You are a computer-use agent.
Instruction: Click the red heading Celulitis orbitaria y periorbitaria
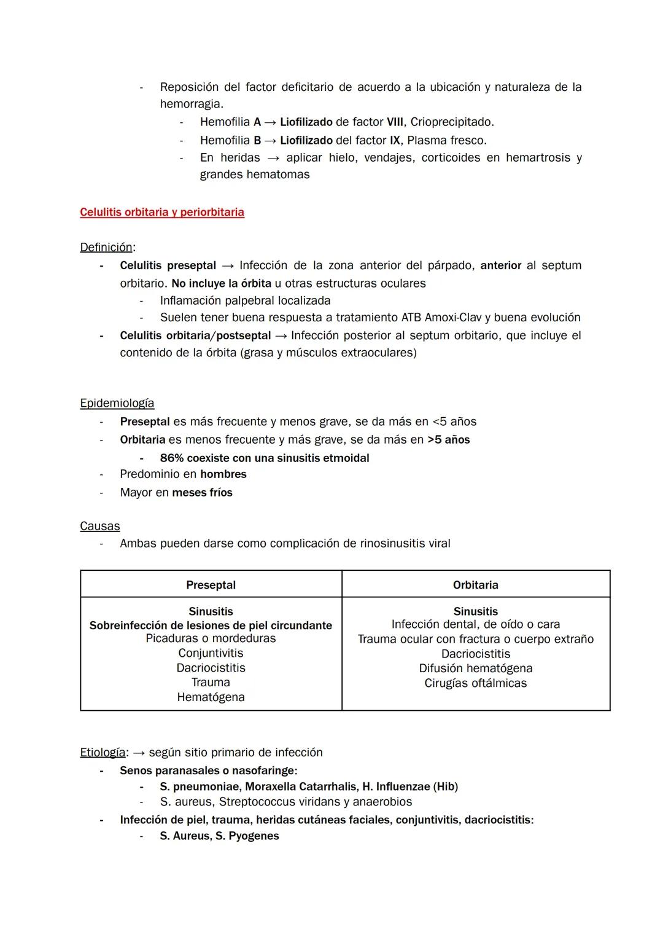(162, 212)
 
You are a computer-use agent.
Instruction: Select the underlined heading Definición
(106, 247)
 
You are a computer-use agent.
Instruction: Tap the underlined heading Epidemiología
(117, 403)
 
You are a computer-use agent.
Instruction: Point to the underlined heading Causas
(100, 526)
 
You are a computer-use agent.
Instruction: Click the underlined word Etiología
(103, 752)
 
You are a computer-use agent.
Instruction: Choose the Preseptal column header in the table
(211, 585)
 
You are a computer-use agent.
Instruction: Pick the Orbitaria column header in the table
(476, 585)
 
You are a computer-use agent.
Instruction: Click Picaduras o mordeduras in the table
(211, 638)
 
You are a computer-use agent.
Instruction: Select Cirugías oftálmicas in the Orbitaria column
(476, 683)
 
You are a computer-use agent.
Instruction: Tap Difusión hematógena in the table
(476, 668)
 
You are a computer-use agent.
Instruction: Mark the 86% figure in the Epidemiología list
(172, 458)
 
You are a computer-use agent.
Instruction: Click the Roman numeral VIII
(395, 122)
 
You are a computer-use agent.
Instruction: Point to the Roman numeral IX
(395, 140)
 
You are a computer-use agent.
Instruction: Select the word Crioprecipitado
(452, 122)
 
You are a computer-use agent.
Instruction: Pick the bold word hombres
(223, 474)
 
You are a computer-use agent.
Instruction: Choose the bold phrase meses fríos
(203, 493)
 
